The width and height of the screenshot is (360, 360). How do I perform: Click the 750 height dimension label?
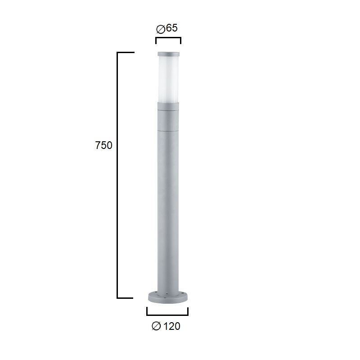[103, 145]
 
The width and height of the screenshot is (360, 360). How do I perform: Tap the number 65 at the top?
[172, 28]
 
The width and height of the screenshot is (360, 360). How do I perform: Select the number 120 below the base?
[171, 326]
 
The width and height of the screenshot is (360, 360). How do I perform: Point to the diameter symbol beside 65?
[161, 29]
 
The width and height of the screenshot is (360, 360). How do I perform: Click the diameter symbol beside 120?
[156, 326]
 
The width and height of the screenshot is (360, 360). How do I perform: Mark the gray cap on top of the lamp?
[168, 54]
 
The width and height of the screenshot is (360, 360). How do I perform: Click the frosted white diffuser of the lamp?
[168, 79]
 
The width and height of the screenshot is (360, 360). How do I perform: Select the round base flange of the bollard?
[168, 297]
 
